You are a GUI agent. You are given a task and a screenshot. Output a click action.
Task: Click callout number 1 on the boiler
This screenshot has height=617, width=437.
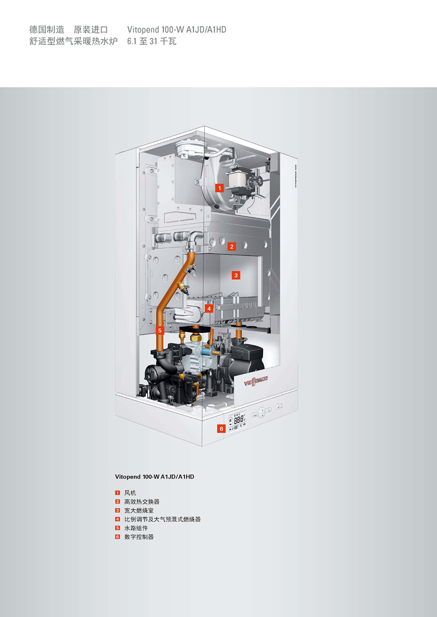(220, 188)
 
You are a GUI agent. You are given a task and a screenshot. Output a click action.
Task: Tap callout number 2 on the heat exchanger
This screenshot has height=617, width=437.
(232, 247)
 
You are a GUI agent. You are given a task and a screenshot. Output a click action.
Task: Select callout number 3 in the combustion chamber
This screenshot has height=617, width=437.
(236, 275)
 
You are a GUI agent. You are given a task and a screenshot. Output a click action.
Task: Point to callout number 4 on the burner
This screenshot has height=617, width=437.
(209, 309)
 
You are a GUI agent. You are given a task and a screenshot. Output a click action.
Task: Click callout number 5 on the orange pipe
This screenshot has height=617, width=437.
(160, 331)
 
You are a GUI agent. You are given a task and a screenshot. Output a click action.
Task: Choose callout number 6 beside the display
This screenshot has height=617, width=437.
(221, 428)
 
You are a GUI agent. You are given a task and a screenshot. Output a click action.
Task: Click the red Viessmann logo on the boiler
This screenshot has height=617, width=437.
(256, 380)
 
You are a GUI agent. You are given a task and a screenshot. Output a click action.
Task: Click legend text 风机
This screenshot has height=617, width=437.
(130, 493)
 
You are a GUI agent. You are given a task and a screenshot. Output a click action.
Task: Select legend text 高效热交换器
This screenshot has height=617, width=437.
(142, 502)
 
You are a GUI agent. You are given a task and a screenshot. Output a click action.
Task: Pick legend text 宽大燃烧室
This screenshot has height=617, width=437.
(139, 511)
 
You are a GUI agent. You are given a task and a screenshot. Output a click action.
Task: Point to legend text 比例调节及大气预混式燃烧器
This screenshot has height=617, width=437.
(162, 519)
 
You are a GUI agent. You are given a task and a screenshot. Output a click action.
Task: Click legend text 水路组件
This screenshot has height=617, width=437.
(136, 528)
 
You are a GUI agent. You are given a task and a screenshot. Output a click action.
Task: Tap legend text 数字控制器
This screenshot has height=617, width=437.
(139, 537)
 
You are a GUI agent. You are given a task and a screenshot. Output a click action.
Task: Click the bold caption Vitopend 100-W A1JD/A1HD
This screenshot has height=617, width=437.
(155, 477)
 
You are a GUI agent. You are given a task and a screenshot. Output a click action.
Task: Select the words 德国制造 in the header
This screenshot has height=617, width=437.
(46, 29)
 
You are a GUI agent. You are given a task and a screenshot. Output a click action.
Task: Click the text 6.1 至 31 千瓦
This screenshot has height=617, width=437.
(152, 41)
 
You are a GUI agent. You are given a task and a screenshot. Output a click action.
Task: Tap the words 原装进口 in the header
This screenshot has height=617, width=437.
(91, 29)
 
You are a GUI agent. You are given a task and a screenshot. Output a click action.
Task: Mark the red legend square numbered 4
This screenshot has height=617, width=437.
(117, 519)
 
